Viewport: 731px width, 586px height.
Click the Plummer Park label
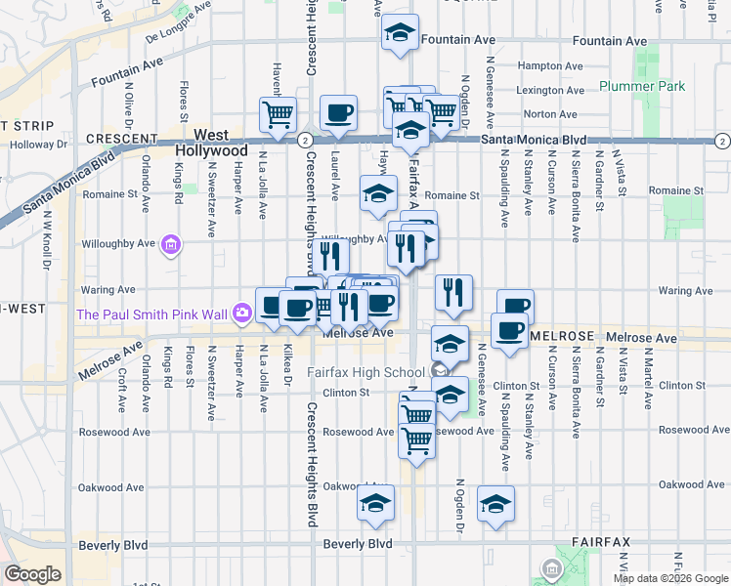[642, 86]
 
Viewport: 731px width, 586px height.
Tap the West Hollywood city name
[211, 144]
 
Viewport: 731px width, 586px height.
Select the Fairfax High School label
[365, 372]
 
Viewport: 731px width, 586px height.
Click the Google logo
[32, 574]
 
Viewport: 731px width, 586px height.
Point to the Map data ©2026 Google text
[670, 578]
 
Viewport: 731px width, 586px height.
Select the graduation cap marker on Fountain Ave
[399, 33]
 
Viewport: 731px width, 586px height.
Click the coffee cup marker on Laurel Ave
[338, 113]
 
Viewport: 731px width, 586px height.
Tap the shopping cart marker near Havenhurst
[278, 114]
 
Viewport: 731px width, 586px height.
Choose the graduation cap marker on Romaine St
[378, 193]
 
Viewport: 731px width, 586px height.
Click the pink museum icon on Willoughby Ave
[172, 244]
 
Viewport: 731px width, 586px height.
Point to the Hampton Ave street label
[545, 65]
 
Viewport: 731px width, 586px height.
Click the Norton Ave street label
[543, 114]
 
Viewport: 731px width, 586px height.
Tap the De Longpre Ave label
[178, 36]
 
